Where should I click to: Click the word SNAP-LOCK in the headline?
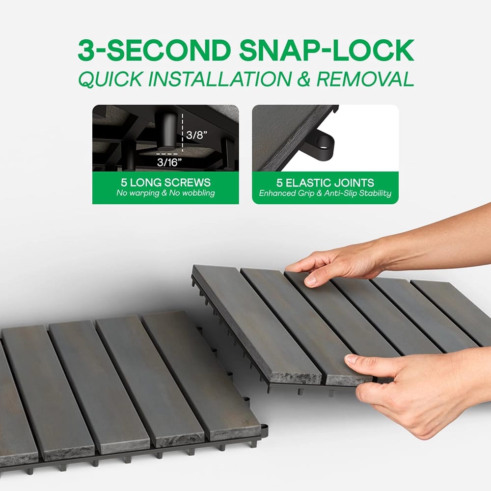click(327, 50)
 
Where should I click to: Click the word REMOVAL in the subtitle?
click(365, 79)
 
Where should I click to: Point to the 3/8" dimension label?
click(197, 135)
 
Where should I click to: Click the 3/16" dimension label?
click(169, 162)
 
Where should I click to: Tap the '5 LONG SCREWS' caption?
click(165, 183)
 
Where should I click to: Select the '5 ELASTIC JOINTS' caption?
click(325, 183)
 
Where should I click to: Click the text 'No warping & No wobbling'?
click(165, 193)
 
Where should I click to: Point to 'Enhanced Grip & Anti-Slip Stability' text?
click(325, 193)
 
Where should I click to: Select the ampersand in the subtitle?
click(304, 79)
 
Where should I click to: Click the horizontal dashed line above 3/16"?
click(167, 154)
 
